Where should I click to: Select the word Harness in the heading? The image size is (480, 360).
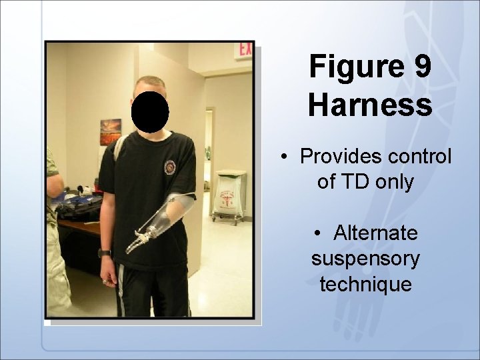point(370,105)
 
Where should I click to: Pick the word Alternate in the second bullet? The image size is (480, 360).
point(376,233)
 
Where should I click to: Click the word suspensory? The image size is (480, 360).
point(365,259)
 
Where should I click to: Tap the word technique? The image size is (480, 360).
point(365,284)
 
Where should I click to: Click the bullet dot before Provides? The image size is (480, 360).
point(285,159)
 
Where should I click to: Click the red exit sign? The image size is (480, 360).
point(246,50)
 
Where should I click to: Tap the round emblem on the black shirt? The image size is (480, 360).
point(170,166)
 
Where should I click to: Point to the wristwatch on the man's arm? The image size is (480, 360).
point(104,253)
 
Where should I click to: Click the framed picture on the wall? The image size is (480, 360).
point(111,131)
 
